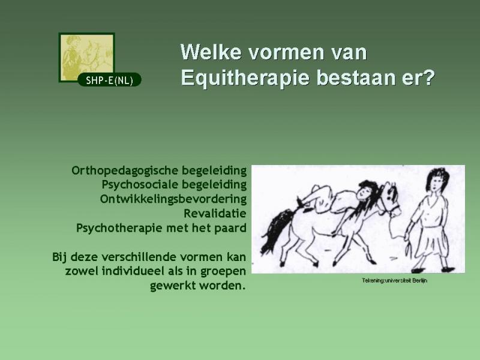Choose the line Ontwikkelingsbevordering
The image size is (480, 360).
(x=173, y=199)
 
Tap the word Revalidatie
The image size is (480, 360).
(x=215, y=213)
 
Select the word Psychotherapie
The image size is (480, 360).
(x=119, y=228)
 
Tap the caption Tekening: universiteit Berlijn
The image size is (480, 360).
(x=394, y=280)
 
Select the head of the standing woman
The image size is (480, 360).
(x=438, y=179)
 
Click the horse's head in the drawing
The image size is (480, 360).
(x=391, y=197)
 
